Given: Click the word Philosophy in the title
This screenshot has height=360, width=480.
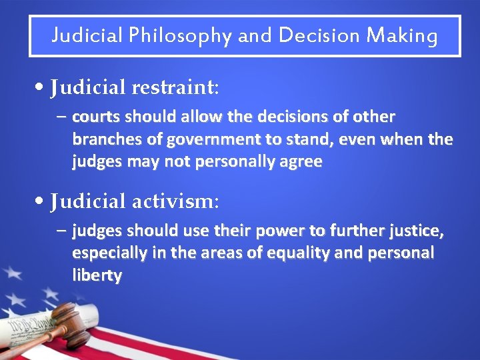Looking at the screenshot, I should (179, 35).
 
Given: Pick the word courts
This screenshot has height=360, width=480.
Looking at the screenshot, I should (93, 117).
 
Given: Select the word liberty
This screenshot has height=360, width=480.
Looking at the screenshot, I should (97, 276).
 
